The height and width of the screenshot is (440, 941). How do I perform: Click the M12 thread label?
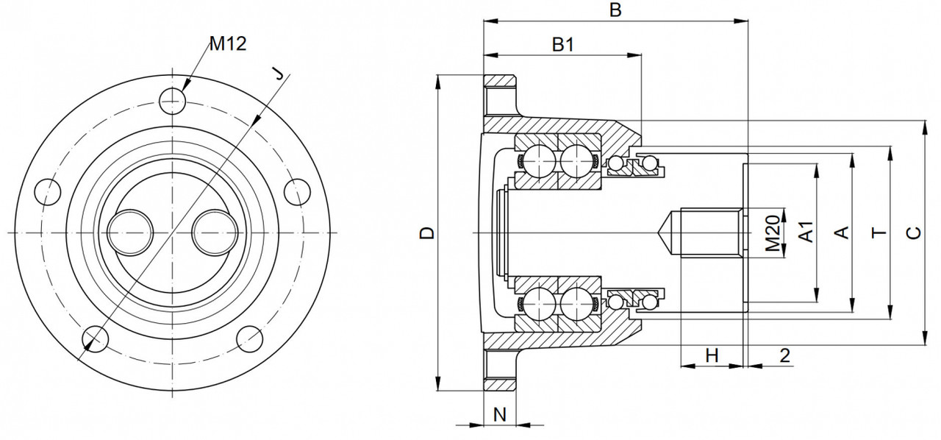(227, 44)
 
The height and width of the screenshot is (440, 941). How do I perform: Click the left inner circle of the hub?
(129, 232)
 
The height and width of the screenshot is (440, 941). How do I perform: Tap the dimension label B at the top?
(616, 10)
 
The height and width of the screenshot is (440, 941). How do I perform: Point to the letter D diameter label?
(427, 233)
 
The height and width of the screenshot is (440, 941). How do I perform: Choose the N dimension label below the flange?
(499, 414)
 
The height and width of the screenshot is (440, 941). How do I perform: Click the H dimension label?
(712, 355)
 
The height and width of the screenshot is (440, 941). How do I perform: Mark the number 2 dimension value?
(784, 355)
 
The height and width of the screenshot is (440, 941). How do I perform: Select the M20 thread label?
(772, 233)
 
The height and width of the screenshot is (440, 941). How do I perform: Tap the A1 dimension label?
(806, 233)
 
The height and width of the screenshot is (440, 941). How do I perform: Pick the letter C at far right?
(912, 233)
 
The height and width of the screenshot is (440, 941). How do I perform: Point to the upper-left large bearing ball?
(537, 160)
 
